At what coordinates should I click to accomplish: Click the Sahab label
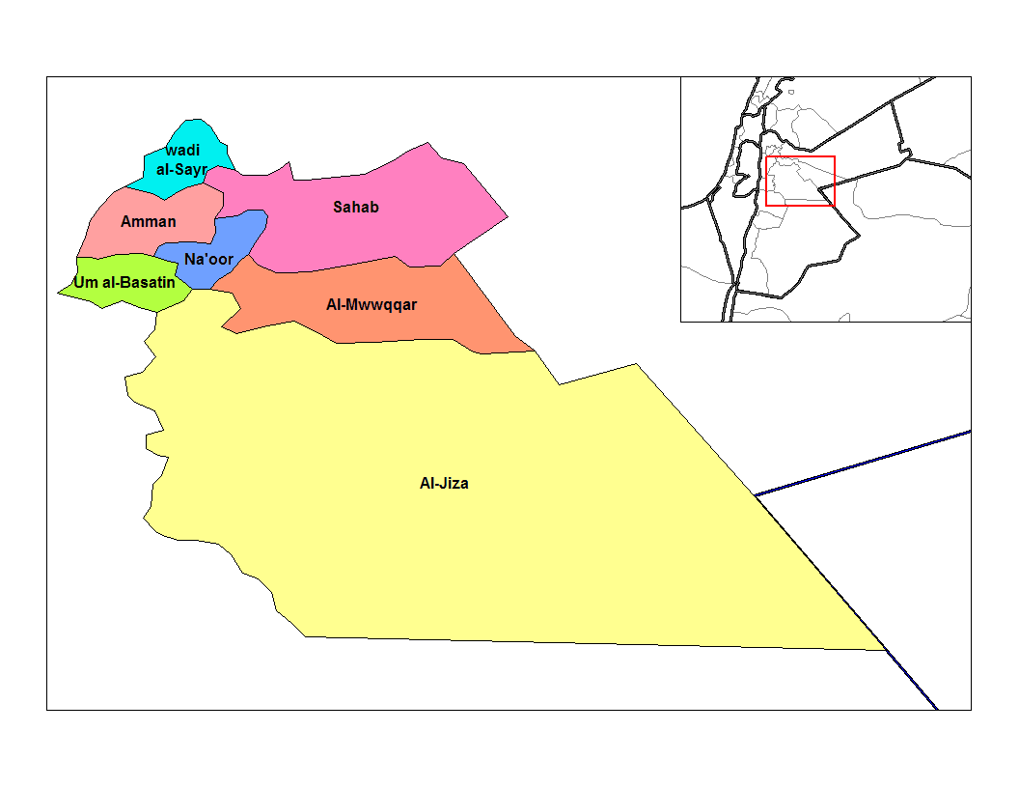(x=356, y=207)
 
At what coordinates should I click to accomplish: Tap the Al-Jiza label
(x=444, y=483)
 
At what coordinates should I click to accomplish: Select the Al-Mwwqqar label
(x=372, y=304)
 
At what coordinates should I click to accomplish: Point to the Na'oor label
(x=208, y=258)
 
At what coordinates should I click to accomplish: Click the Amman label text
(x=149, y=222)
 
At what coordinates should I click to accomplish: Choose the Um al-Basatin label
(x=124, y=283)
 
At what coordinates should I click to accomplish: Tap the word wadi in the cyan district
(x=182, y=151)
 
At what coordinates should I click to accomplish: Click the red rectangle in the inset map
(x=800, y=157)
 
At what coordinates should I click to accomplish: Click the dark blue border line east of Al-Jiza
(x=868, y=462)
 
